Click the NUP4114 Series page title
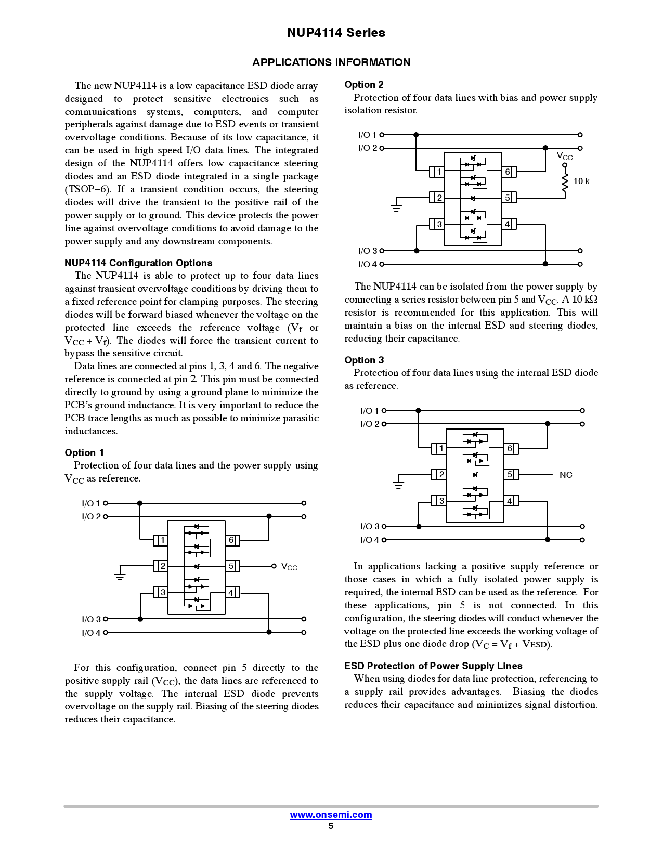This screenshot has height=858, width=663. (336, 33)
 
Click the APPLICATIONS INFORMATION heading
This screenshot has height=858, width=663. (331, 62)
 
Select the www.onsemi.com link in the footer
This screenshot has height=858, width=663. (331, 815)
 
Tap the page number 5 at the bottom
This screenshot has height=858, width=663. (331, 826)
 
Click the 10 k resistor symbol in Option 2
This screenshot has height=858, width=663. (565, 181)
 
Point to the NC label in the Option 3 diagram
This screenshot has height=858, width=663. (566, 475)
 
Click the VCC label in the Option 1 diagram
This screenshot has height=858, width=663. (289, 566)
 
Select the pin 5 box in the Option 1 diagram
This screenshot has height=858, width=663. (232, 566)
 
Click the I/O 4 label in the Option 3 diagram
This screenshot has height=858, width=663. (370, 540)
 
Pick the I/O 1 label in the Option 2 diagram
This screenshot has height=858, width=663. (367, 135)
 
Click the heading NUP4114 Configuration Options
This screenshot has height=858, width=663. (138, 263)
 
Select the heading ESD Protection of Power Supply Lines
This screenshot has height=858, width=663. (433, 666)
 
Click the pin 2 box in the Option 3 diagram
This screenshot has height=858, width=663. (440, 474)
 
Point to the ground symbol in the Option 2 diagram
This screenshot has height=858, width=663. (396, 207)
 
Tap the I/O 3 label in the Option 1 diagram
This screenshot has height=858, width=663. (91, 619)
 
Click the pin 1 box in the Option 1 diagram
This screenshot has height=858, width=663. (162, 540)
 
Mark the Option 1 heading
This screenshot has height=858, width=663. (84, 452)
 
